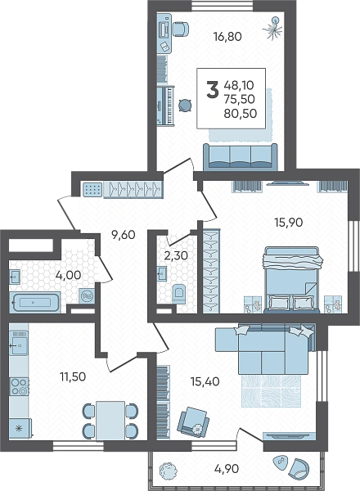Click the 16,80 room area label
227,37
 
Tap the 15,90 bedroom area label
289,223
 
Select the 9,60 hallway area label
124,235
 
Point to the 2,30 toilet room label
176,255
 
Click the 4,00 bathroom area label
68,275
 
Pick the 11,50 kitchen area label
73,376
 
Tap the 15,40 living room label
205,381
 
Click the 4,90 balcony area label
227,469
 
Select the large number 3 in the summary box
213,89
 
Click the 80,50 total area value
241,114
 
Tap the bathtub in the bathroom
35,302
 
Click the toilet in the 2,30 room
178,294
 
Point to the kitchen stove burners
19,385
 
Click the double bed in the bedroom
292,280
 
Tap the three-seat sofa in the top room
240,157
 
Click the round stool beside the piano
185,106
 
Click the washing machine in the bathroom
87,296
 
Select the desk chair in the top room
181,29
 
